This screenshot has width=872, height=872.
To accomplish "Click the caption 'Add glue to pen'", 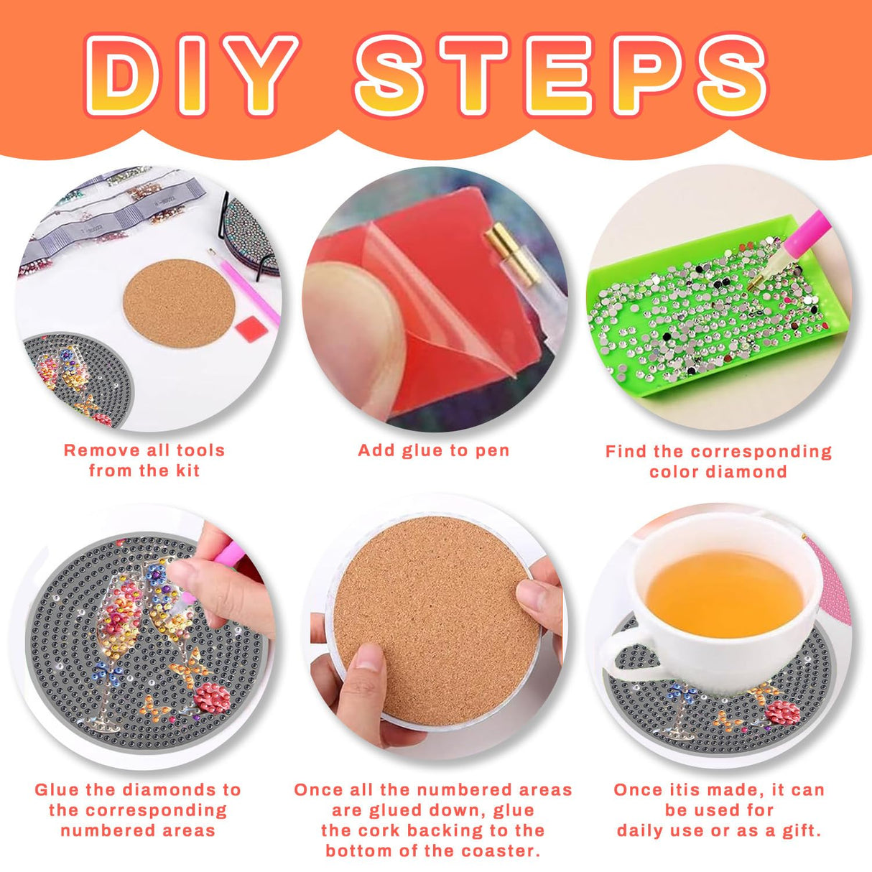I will [434, 451].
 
